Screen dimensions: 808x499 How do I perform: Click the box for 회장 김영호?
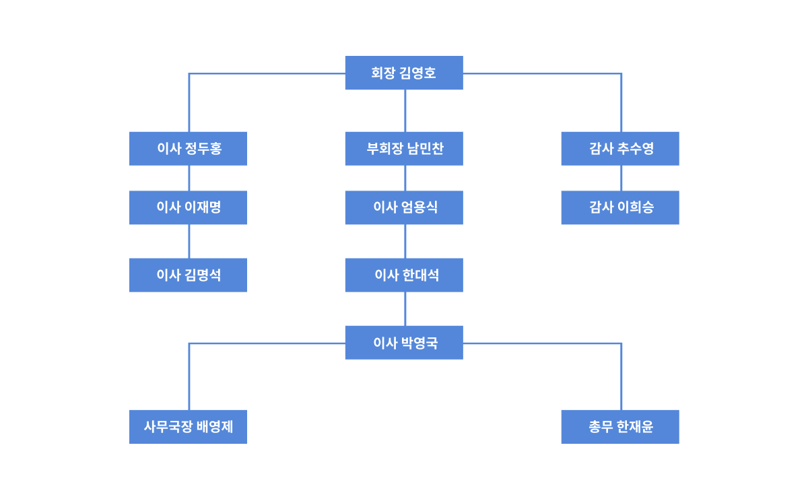pyautogui.click(x=404, y=73)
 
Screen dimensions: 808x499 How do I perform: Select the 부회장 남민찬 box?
pyautogui.click(x=404, y=149)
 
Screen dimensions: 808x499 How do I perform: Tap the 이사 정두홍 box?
pyautogui.click(x=188, y=149)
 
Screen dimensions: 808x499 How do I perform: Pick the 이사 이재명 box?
pyautogui.click(x=188, y=207)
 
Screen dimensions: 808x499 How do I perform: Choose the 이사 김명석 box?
pyautogui.click(x=188, y=275)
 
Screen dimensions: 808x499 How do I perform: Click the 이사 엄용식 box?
pyautogui.click(x=404, y=207)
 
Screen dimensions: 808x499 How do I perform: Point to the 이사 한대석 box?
pyautogui.click(x=404, y=275)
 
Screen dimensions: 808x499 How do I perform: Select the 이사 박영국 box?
pyautogui.click(x=404, y=342)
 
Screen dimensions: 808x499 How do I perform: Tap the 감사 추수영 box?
pyautogui.click(x=620, y=149)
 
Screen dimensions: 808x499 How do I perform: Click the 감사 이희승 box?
pyautogui.click(x=620, y=207)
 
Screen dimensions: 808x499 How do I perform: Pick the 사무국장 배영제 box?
pyautogui.click(x=188, y=427)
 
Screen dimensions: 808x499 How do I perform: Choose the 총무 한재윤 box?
pyautogui.click(x=620, y=427)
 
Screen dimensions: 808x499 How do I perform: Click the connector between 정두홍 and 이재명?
pyautogui.click(x=189, y=178)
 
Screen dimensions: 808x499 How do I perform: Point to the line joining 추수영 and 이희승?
pyautogui.click(x=621, y=178)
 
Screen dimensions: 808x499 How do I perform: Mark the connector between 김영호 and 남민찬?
pyautogui.click(x=405, y=110)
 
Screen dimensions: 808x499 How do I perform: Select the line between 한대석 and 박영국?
pyautogui.click(x=405, y=309)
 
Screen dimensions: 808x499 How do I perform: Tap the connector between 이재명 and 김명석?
pyautogui.click(x=189, y=241)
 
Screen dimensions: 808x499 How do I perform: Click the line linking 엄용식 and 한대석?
pyautogui.click(x=405, y=241)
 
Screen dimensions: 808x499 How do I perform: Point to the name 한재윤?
pyautogui.click(x=635, y=427)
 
